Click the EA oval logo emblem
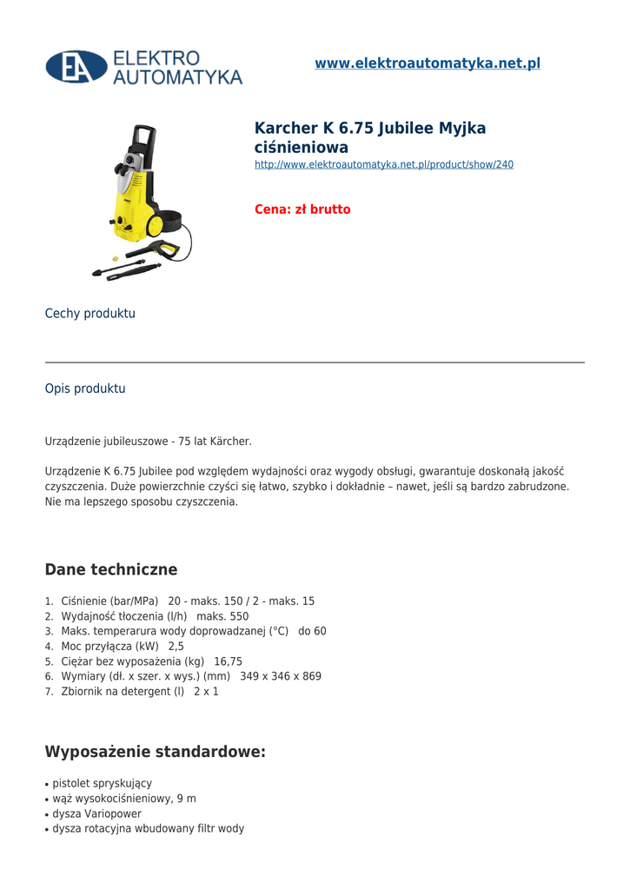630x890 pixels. point(76,67)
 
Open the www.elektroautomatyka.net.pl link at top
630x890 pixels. point(427,63)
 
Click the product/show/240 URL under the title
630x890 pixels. point(383,164)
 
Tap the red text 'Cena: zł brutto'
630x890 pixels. point(302,209)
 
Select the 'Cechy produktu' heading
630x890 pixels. point(90,314)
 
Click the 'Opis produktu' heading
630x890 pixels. point(85,389)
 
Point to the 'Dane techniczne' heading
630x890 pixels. point(111,570)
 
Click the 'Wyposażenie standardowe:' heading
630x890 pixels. point(156,752)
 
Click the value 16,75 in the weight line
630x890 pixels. point(228,661)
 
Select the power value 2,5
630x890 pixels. point(176,647)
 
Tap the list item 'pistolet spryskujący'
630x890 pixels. point(102,783)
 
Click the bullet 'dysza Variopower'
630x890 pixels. point(96,814)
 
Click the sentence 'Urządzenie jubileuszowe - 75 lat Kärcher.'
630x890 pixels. point(149,442)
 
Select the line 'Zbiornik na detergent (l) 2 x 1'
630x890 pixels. point(140,692)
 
